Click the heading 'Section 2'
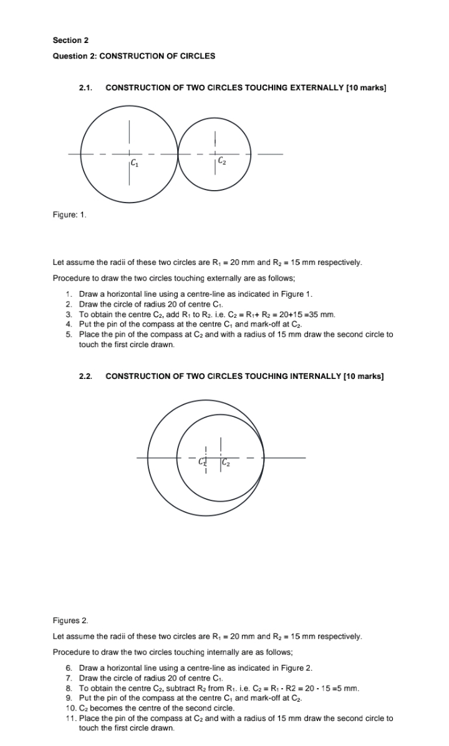pyautogui.click(x=70, y=41)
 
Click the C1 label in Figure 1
pyautogui.click(x=135, y=164)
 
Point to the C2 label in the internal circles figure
pyautogui.click(x=226, y=462)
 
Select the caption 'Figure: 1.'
pyautogui.click(x=70, y=215)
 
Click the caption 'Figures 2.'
pyautogui.click(x=70, y=621)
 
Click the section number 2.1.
pyautogui.click(x=85, y=88)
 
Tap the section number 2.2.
pyautogui.click(x=85, y=376)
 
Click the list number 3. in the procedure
pyautogui.click(x=69, y=314)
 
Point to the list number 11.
pyautogui.click(x=70, y=718)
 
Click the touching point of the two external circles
pyautogui.click(x=178, y=153)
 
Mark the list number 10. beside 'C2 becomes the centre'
pyautogui.click(x=70, y=708)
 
